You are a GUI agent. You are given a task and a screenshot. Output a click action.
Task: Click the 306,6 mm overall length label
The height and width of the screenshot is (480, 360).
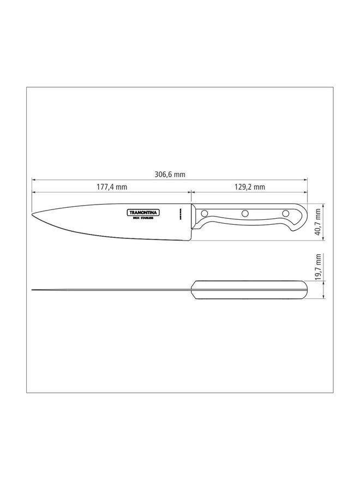click(x=170, y=175)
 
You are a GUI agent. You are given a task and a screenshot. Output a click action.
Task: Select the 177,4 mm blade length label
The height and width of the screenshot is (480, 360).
click(x=112, y=187)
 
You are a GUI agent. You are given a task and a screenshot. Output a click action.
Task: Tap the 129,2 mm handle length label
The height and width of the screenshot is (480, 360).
click(x=250, y=187)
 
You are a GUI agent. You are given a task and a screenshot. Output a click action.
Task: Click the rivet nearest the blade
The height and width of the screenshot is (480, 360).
click(x=205, y=213)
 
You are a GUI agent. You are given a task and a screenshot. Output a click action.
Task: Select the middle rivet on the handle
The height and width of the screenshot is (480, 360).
click(x=245, y=213)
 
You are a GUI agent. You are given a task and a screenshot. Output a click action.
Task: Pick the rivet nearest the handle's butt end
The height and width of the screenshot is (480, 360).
click(x=285, y=212)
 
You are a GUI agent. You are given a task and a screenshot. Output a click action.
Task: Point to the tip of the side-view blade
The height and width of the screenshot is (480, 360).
click(x=33, y=214)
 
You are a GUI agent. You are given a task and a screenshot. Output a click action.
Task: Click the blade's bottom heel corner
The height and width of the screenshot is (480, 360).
click(x=190, y=240)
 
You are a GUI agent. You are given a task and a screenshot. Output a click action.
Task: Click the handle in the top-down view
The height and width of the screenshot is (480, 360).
click(x=248, y=290)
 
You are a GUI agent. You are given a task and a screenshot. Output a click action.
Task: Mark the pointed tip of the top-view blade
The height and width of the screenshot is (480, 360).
click(x=33, y=290)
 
